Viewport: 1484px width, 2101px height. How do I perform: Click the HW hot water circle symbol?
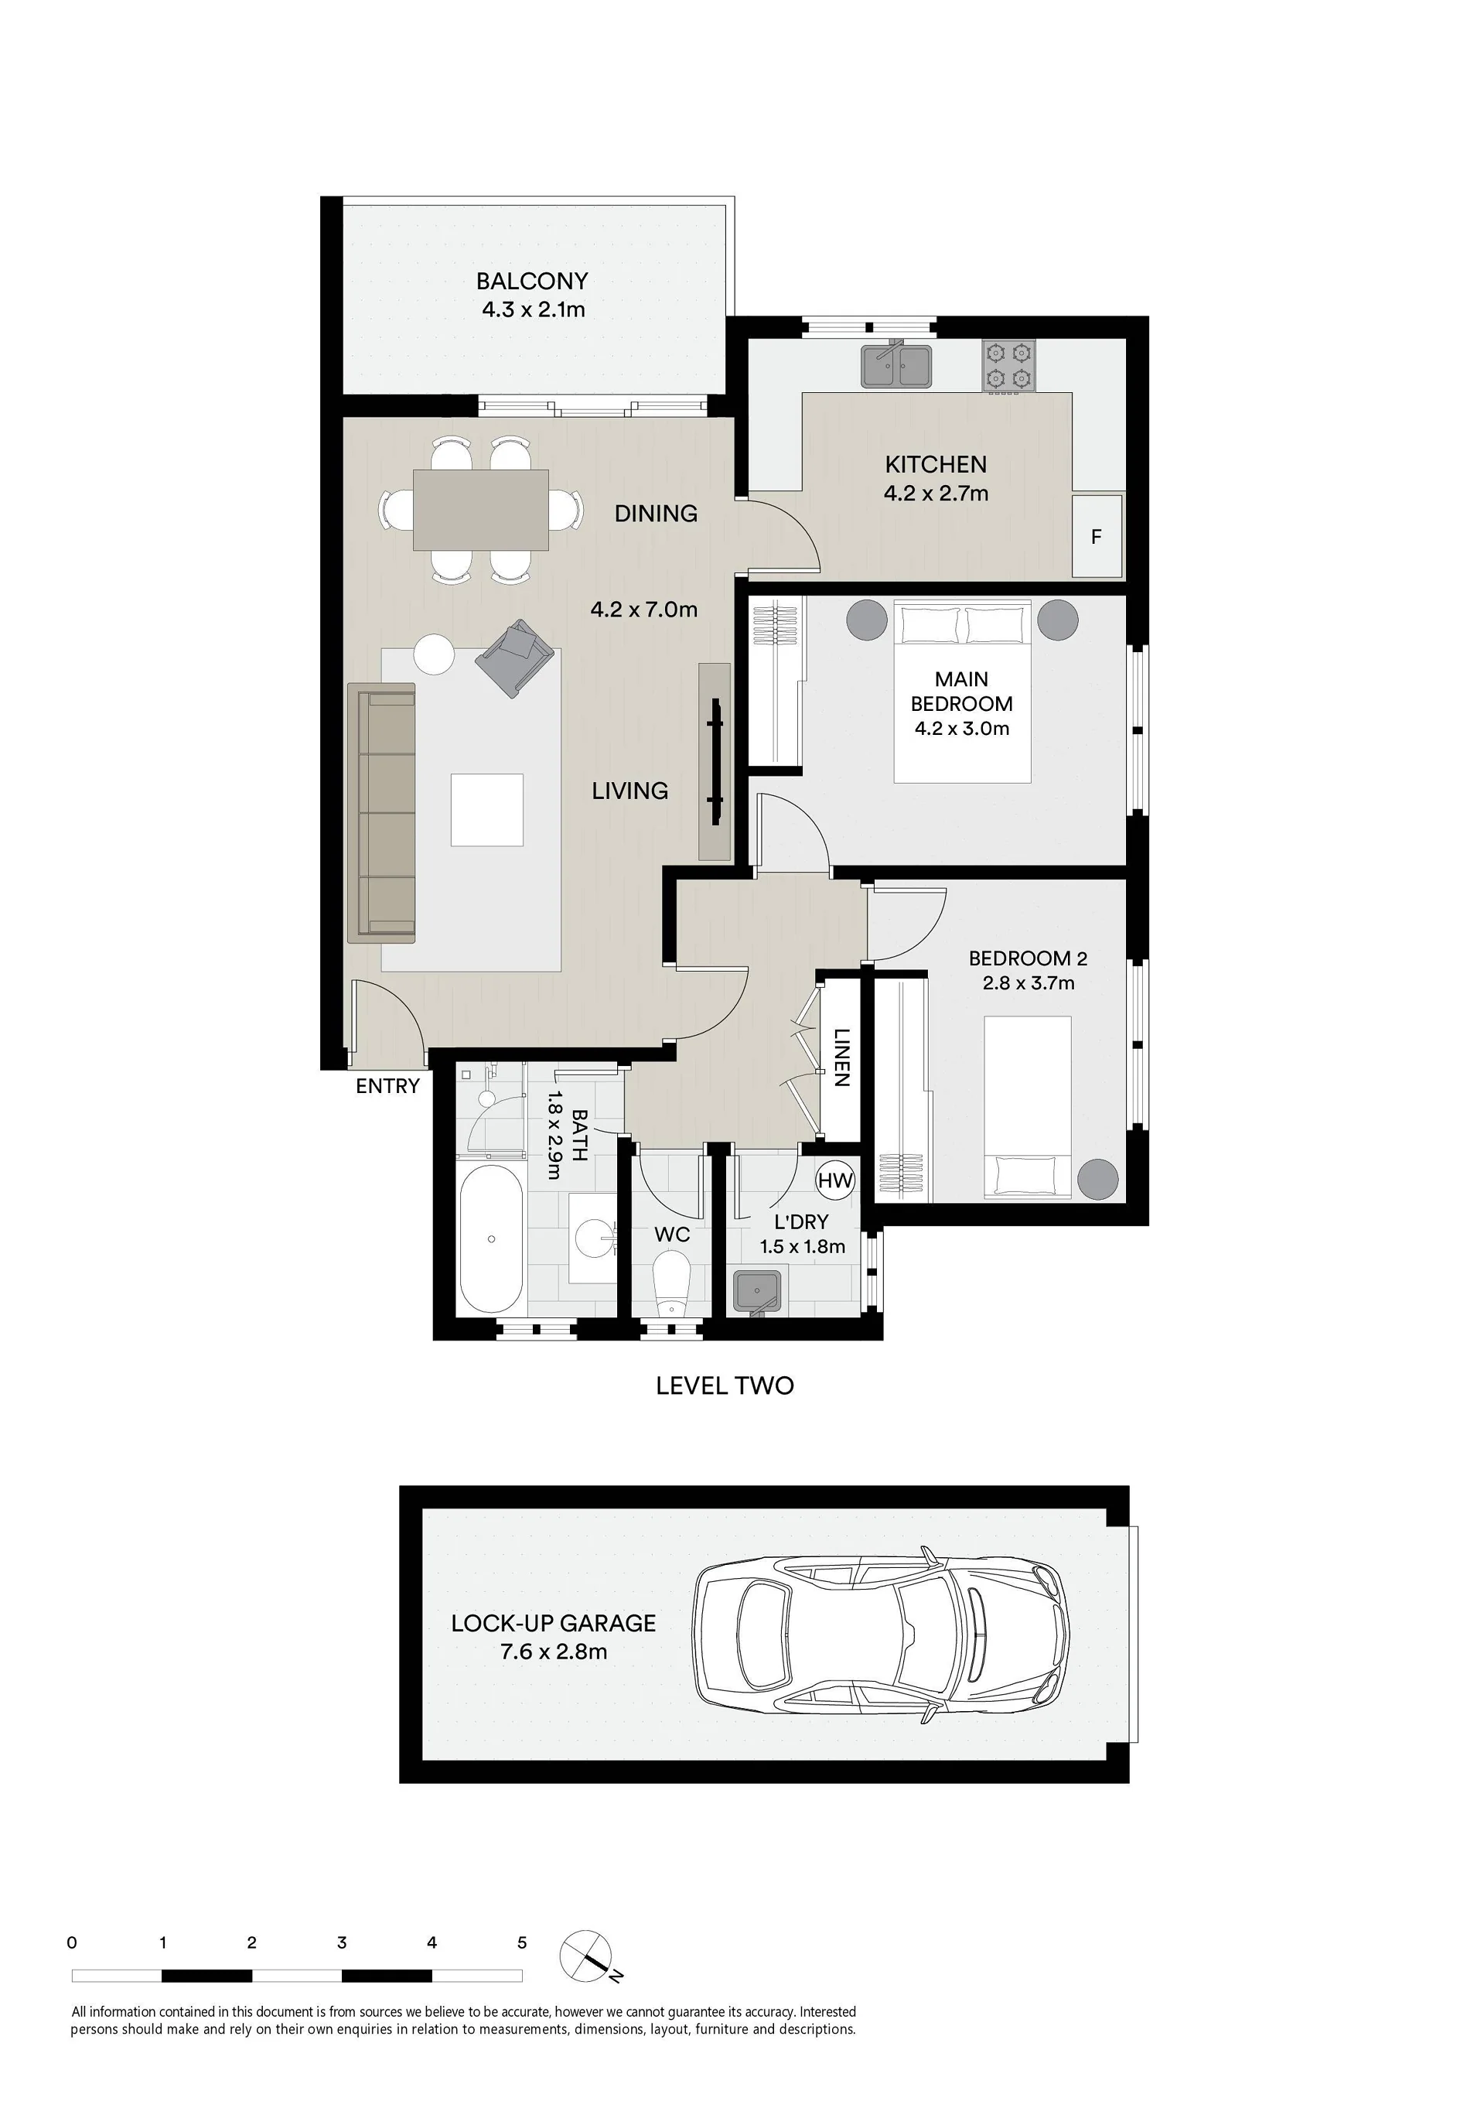[x=834, y=1180]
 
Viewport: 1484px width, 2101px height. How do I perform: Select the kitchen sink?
[x=896, y=365]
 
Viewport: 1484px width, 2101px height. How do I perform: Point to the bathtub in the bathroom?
[x=491, y=1240]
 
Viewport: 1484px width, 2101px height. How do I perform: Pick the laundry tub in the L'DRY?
[x=756, y=1291]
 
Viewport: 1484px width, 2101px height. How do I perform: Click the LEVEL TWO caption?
[x=725, y=1385]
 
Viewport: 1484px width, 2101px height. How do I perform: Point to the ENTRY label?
[x=388, y=1086]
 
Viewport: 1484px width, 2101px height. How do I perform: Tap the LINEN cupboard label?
[x=841, y=1057]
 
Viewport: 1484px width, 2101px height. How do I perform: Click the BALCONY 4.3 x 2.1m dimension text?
[x=534, y=309]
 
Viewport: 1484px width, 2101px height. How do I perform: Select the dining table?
[x=480, y=510]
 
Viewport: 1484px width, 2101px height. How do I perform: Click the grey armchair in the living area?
[x=514, y=657]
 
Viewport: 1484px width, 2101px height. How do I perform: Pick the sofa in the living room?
[x=381, y=812]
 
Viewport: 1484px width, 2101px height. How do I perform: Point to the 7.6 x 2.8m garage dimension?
[x=554, y=1652]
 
